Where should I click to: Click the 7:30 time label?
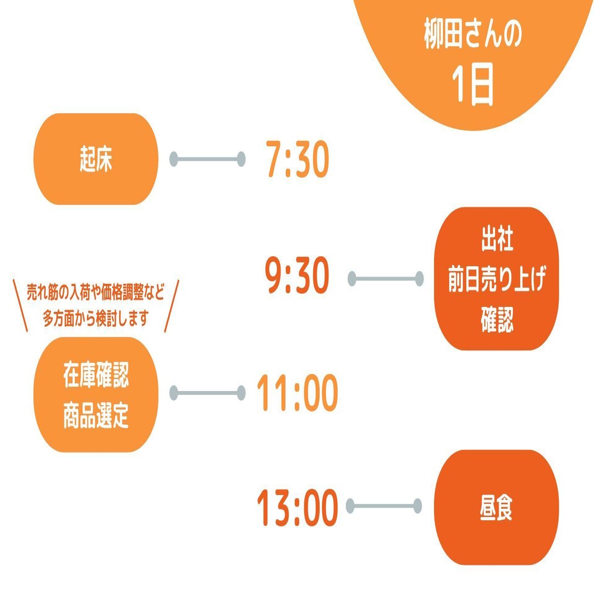tap(297, 159)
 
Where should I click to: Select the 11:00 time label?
tap(297, 394)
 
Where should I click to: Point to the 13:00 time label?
tap(297, 509)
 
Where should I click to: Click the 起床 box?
tap(96, 159)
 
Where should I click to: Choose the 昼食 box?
tap(496, 507)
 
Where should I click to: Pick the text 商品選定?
tap(96, 416)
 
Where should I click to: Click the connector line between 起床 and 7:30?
tap(207, 159)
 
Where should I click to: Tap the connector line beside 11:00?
tap(207, 393)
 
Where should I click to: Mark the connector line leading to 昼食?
tap(384, 505)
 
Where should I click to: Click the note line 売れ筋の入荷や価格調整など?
tap(96, 292)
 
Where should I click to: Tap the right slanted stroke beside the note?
tap(172, 306)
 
